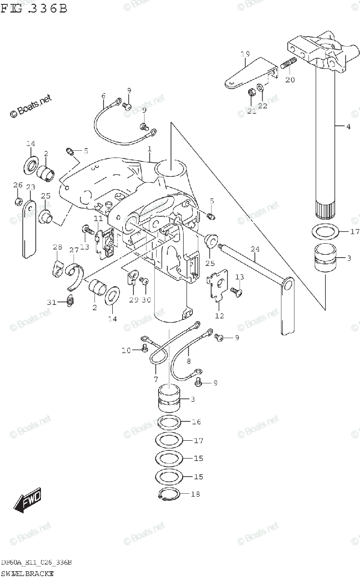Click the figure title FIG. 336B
tap(34, 8)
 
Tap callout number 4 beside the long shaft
tap(348, 127)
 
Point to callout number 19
tap(245, 54)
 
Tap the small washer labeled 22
tap(261, 88)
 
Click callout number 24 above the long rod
tap(255, 249)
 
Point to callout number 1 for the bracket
tap(149, 149)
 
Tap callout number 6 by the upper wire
tap(103, 96)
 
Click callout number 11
tap(98, 219)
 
